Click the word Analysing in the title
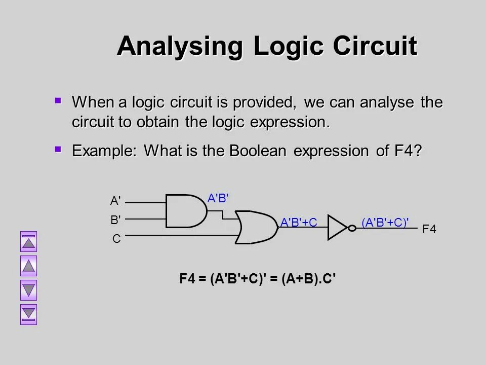pos(180,47)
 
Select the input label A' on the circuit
pos(115,201)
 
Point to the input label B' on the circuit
pos(115,220)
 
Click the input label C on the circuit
pos(116,239)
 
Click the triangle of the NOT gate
pos(337,228)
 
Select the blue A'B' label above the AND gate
pos(219,198)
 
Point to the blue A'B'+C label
pos(299,222)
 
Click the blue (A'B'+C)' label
pos(385,222)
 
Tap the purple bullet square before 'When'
pos(58,101)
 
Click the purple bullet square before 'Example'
pos(58,149)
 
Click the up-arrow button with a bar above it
pos(29,242)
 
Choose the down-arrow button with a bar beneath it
pos(29,314)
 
